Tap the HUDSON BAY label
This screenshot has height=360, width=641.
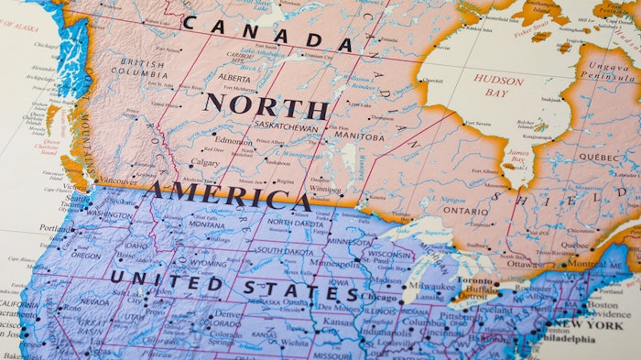498,85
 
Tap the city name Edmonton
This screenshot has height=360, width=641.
234,141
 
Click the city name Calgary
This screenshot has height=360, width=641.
205,163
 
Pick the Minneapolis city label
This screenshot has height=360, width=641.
335,263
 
